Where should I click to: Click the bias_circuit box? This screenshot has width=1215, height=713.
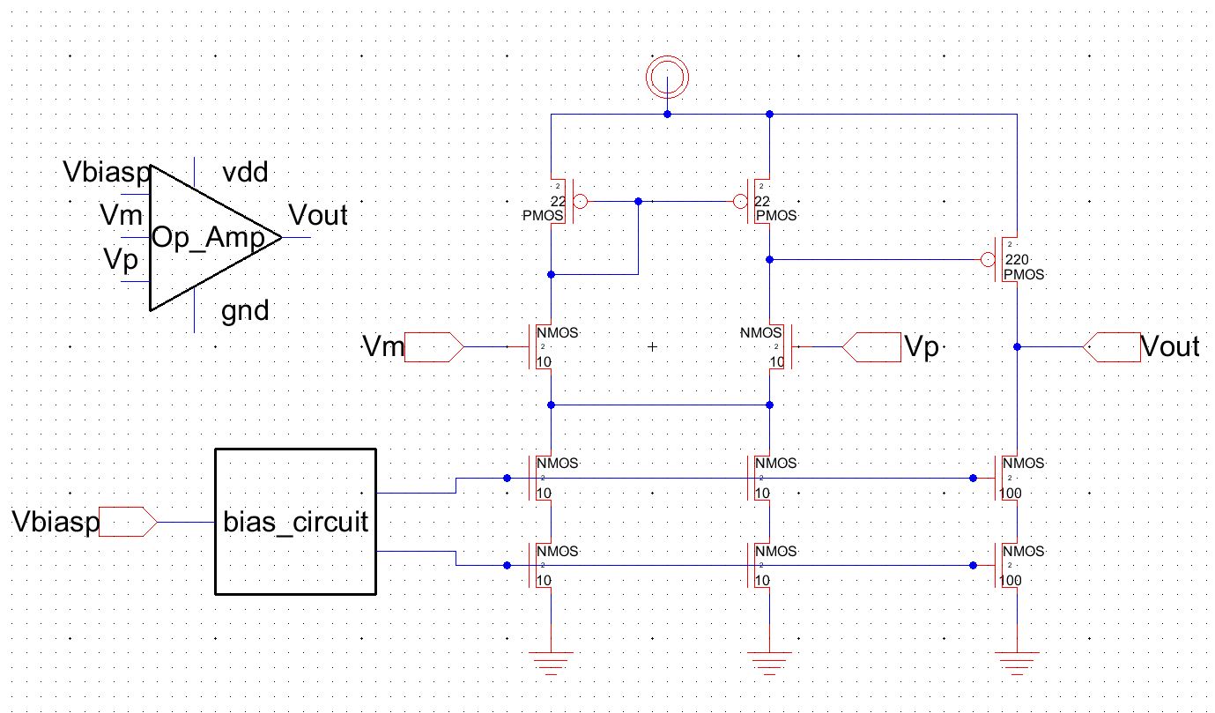pyautogui.click(x=296, y=521)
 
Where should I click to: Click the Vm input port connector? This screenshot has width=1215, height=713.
pyautogui.click(x=433, y=347)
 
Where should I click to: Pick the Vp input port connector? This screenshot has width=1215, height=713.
pyautogui.click(x=871, y=347)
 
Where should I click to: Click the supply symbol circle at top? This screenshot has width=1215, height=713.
pyautogui.click(x=667, y=74)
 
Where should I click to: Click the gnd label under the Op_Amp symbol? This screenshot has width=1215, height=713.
pyautogui.click(x=246, y=310)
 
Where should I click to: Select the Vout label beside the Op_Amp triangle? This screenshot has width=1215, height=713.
pyautogui.click(x=318, y=215)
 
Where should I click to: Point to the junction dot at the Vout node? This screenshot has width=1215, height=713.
pyautogui.click(x=1018, y=347)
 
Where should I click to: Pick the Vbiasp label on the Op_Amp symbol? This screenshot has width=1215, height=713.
pyautogui.click(x=108, y=174)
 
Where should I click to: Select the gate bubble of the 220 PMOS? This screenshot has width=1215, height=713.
pyautogui.click(x=988, y=260)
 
